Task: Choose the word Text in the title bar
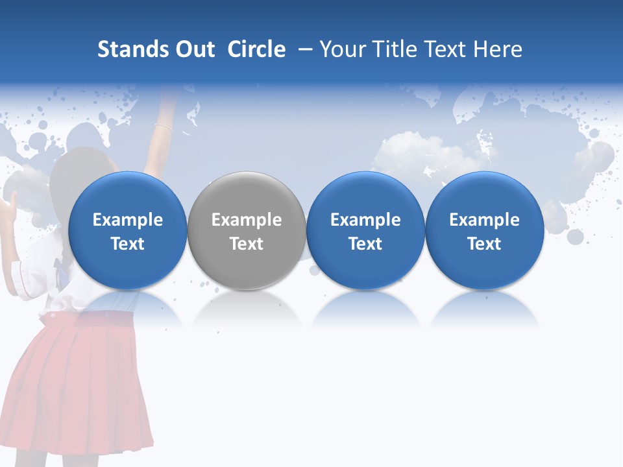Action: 453,49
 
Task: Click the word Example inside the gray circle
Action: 247,220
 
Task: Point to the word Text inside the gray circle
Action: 247,244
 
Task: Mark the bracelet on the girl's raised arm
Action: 163,126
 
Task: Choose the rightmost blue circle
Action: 484,230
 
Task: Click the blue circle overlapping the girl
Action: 128,230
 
